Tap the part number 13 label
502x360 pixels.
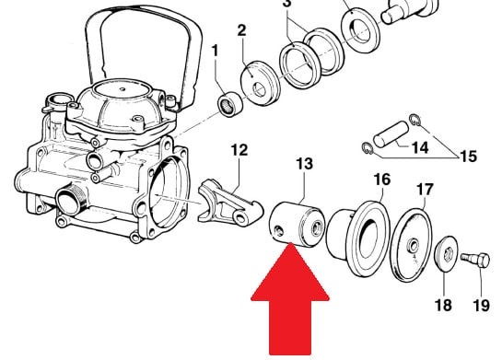pos(304,164)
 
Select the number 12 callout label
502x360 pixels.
pos(239,150)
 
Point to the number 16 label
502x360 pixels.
pos(382,180)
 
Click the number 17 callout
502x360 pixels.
pos(425,189)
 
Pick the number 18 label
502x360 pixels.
pos(443,305)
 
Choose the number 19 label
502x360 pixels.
pos(481,306)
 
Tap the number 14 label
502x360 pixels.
pos(420,147)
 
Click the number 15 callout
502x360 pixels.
pos(469,157)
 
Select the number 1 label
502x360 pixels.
pos(215,51)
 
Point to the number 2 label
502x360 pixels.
pos(241,30)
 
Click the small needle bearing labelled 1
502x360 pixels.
pos(229,104)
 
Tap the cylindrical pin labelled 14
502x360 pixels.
pos(391,134)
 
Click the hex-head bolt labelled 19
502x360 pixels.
pos(475,260)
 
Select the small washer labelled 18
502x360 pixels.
pos(447,255)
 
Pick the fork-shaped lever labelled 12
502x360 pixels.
pos(230,203)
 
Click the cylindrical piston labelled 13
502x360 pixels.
pos(298,225)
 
